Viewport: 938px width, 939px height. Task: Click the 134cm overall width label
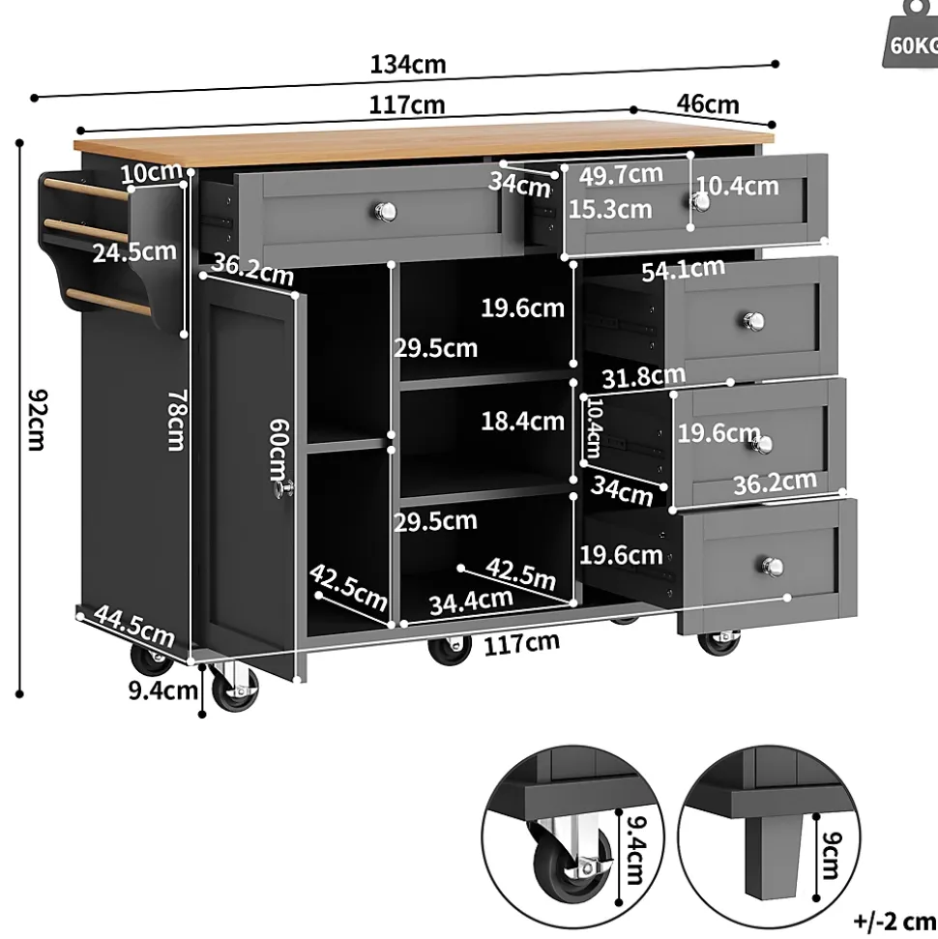pyautogui.click(x=408, y=66)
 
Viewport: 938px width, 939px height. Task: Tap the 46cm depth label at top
pyautogui.click(x=707, y=103)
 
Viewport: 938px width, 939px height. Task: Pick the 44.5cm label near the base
pyautogui.click(x=133, y=628)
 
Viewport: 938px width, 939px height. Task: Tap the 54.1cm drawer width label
pyautogui.click(x=684, y=271)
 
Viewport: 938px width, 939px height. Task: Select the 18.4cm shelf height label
pyautogui.click(x=522, y=421)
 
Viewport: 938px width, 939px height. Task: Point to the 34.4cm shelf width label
pyautogui.click(x=471, y=601)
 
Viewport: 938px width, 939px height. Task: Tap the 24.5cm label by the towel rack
pyautogui.click(x=134, y=253)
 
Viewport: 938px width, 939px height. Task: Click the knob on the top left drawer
pyautogui.click(x=384, y=209)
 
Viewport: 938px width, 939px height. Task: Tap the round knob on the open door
pyautogui.click(x=283, y=491)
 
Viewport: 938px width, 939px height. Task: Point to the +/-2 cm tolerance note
pyautogui.click(x=894, y=918)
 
